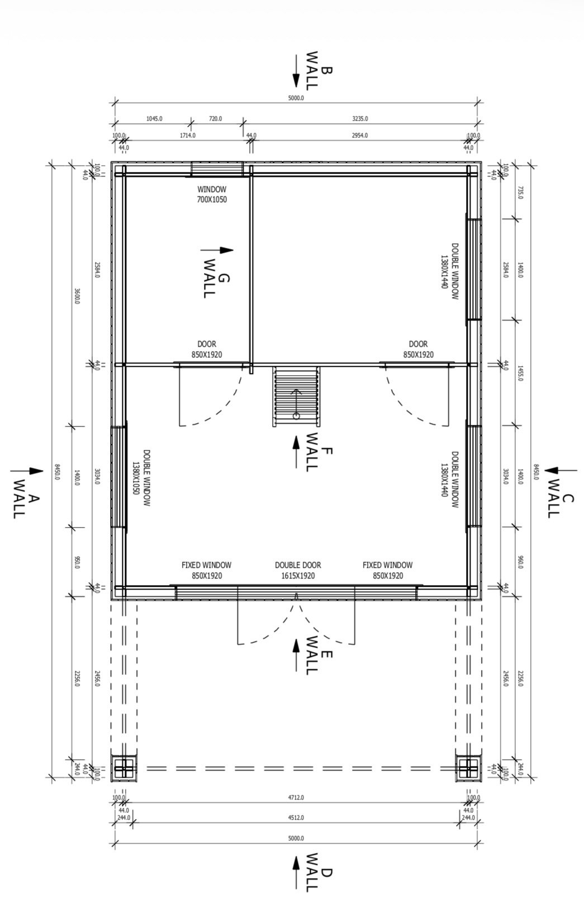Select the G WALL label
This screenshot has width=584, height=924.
pos(216,279)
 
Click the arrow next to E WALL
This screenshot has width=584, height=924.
pos(296,655)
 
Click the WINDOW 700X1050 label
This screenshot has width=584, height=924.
pos(212,194)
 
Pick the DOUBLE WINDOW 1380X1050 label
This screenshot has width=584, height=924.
pos(141,478)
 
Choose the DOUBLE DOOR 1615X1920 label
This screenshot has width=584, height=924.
pos(298,570)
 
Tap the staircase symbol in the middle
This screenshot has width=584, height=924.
pos(296,396)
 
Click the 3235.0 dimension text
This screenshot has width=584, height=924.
pos(360,118)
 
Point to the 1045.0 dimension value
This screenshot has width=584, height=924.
pos(154,118)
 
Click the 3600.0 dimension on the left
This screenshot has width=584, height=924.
pos(77,296)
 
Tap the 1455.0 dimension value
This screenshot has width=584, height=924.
pos(520,372)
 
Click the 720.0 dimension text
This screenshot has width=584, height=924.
pos(215,118)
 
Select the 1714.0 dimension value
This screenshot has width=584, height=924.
pos(188,135)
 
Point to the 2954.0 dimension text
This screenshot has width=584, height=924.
pos(360,135)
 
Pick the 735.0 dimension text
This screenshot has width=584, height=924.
pos(520,192)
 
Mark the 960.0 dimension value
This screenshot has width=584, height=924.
pos(520,562)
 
